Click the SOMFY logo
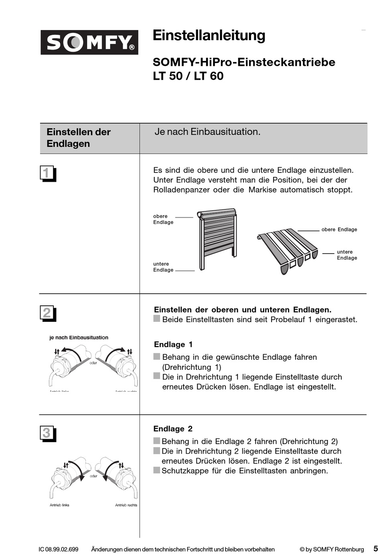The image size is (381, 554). click(x=89, y=42)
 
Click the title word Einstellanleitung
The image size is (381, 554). click(x=209, y=35)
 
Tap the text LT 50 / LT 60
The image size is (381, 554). click(x=188, y=76)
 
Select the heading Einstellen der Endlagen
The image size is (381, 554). click(x=79, y=138)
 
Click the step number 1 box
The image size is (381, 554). click(x=47, y=173)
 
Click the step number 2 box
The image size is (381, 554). click(x=47, y=313)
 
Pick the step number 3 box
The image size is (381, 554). click(x=47, y=433)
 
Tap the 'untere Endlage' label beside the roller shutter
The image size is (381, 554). click(x=163, y=267)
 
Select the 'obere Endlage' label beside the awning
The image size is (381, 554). click(x=339, y=229)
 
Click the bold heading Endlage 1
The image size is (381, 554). click(x=173, y=344)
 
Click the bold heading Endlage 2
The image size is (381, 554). click(x=173, y=428)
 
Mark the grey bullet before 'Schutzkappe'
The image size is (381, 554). click(x=157, y=470)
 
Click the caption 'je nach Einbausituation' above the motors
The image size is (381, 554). click(x=79, y=337)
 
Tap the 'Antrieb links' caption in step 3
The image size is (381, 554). click(x=59, y=505)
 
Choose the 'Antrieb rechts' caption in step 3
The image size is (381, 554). click(x=126, y=505)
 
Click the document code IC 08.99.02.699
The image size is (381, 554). click(x=59, y=549)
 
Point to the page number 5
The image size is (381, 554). click(x=375, y=548)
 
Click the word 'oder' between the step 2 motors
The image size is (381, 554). click(x=93, y=363)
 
